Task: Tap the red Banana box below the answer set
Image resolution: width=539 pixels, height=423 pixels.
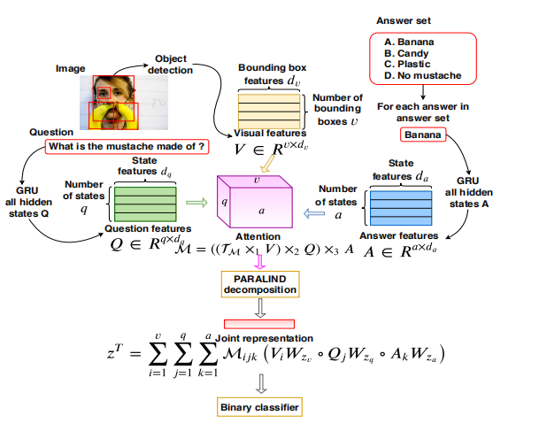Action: [x=424, y=135]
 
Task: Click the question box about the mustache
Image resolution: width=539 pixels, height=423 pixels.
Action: [x=127, y=146]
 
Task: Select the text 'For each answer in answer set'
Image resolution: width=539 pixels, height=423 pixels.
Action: [x=422, y=112]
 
